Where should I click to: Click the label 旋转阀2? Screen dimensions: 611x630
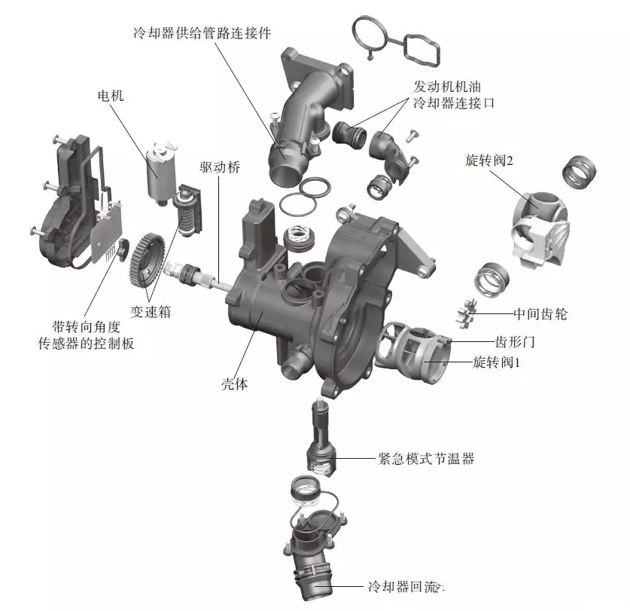(488, 160)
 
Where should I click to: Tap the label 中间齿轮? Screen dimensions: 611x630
(540, 313)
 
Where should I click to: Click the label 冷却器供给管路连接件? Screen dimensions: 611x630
(201, 33)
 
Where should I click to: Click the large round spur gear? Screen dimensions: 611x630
(148, 260)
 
